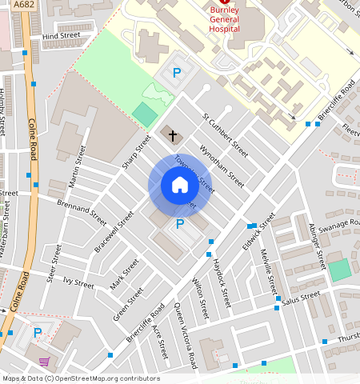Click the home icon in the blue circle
pos(180,186)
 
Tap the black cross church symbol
pos(172,135)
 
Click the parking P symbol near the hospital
pos(177,73)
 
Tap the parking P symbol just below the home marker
pos(180,225)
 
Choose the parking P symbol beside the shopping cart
pos(37,332)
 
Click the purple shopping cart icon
pos(43,361)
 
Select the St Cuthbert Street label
pos(225,133)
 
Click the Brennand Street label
pos(82,210)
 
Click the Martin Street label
pos(78,166)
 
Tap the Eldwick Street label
pos(262,231)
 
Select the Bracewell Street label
pos(114,232)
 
